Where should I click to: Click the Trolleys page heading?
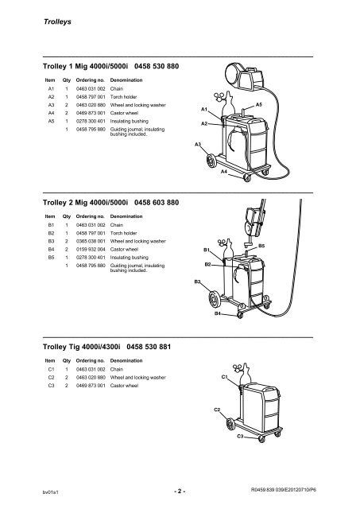(57, 21)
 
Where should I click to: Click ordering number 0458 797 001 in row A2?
(91, 97)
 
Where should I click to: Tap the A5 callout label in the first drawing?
(258, 104)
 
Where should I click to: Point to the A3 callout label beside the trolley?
(198, 144)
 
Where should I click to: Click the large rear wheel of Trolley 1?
(211, 161)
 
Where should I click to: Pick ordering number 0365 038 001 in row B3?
(91, 241)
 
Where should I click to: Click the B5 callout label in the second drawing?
(261, 246)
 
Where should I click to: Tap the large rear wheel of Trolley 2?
(214, 299)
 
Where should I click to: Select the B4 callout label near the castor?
(218, 313)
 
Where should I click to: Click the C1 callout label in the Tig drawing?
(224, 377)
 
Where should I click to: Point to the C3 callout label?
(240, 437)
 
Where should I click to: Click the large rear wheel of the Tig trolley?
(230, 424)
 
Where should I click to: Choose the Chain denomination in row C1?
(117, 369)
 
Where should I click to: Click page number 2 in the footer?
(180, 491)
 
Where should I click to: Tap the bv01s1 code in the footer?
(51, 492)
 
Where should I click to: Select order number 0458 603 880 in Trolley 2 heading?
(157, 203)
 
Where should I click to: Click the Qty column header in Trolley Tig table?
(67, 360)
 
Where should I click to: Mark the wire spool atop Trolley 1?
(234, 76)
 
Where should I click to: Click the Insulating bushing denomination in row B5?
(129, 258)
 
